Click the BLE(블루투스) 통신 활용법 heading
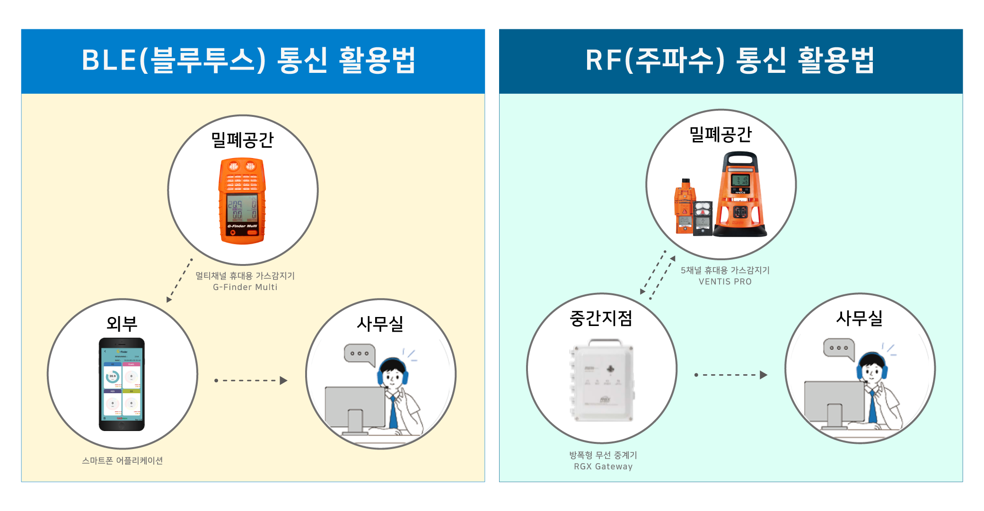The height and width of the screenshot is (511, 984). pyautogui.click(x=249, y=61)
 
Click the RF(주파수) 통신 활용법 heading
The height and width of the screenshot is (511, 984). pyautogui.click(x=730, y=61)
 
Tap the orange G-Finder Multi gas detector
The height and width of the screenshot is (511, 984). pyautogui.click(x=242, y=201)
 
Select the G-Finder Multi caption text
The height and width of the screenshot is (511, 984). pyautogui.click(x=245, y=287)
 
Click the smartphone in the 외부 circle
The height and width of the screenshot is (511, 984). pyautogui.click(x=122, y=384)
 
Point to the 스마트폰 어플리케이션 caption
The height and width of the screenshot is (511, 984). pyautogui.click(x=122, y=460)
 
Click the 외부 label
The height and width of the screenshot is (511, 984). pyautogui.click(x=122, y=324)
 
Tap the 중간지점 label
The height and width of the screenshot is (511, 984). pyautogui.click(x=601, y=318)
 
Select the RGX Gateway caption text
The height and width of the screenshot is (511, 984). pyautogui.click(x=603, y=467)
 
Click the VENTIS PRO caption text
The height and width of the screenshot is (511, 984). pyautogui.click(x=725, y=282)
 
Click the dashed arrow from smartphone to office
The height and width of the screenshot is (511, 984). pyautogui.click(x=251, y=380)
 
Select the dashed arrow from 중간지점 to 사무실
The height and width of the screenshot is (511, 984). pyautogui.click(x=731, y=375)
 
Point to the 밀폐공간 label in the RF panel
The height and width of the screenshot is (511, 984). pyautogui.click(x=720, y=134)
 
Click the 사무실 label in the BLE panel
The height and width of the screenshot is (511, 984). pyautogui.click(x=380, y=324)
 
